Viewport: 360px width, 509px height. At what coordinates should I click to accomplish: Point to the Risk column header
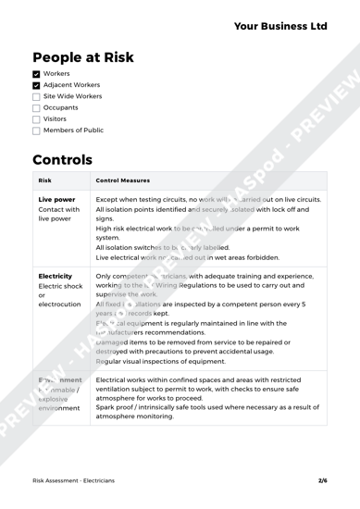click(x=50, y=181)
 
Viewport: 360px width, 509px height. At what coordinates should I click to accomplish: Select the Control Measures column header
click(x=127, y=181)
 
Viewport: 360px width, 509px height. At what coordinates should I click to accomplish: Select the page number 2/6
click(x=323, y=482)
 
